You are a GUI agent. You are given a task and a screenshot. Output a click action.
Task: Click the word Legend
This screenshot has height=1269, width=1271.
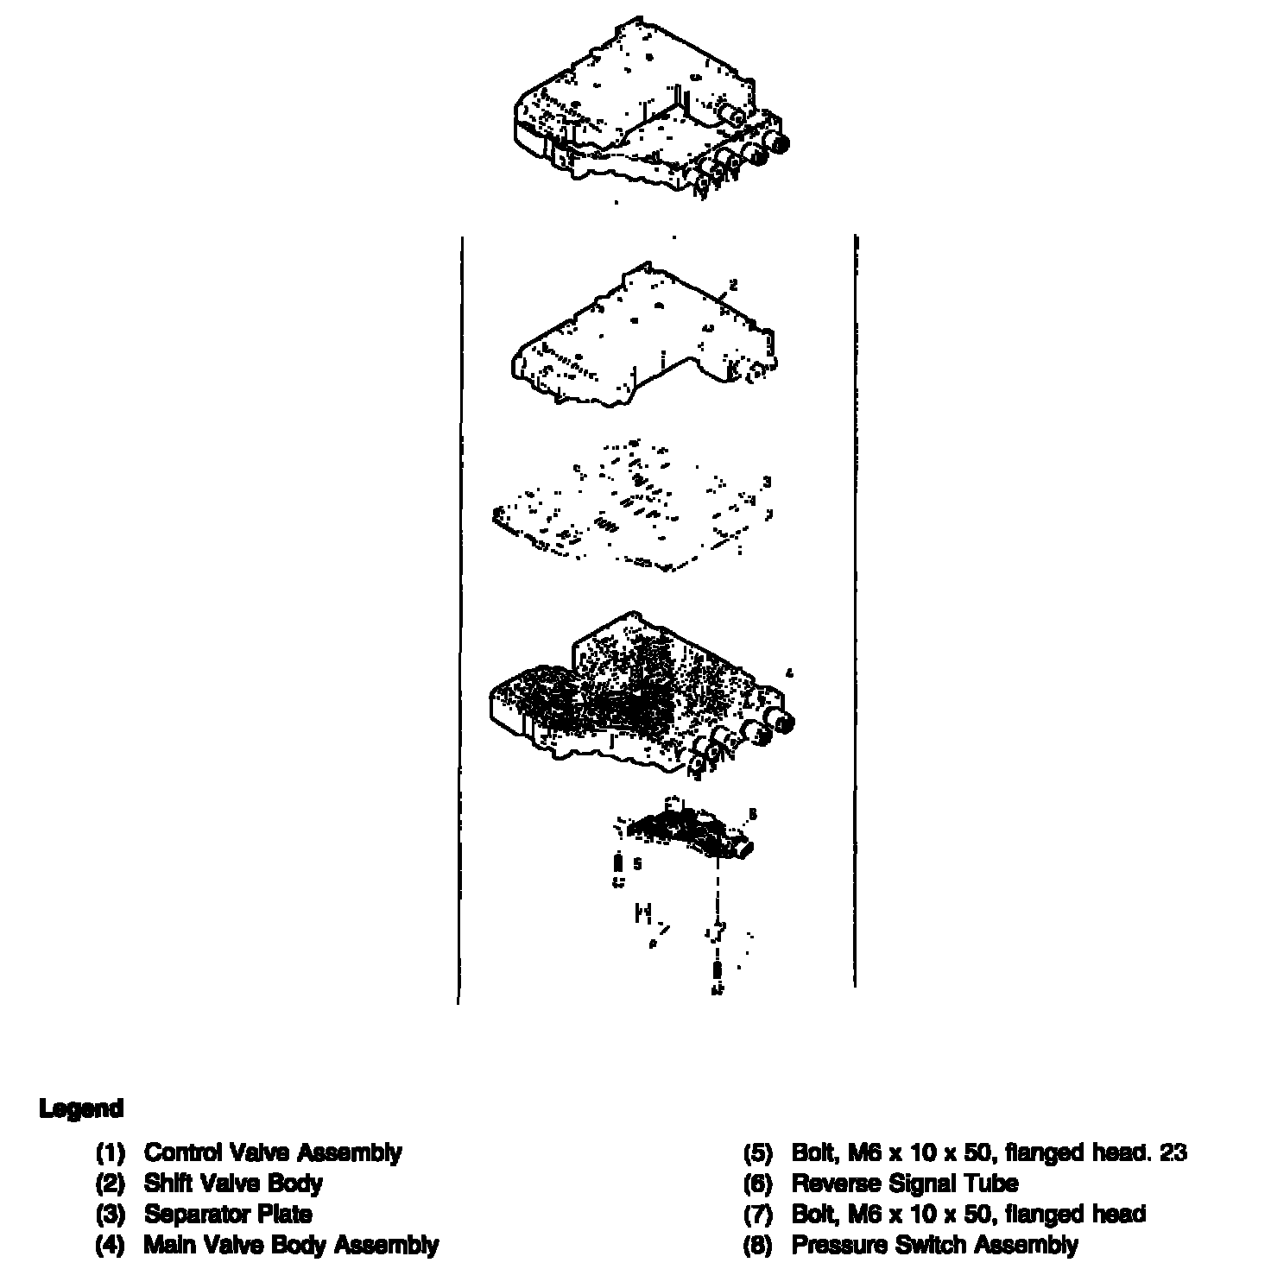pyautogui.click(x=81, y=1108)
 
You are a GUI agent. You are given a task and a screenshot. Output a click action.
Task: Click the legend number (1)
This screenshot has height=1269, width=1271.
pyautogui.click(x=111, y=1152)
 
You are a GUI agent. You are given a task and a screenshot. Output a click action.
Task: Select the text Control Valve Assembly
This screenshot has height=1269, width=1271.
pyautogui.click(x=272, y=1152)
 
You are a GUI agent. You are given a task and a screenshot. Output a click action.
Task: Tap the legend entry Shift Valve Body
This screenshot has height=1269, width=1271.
pyautogui.click(x=233, y=1183)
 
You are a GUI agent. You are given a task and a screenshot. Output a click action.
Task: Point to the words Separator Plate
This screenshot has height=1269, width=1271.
pyautogui.click(x=228, y=1214)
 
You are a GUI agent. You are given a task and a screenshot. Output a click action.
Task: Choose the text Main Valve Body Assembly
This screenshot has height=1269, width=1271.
pyautogui.click(x=291, y=1245)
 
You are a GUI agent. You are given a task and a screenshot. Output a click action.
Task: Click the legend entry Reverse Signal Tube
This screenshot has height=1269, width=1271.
pyautogui.click(x=904, y=1183)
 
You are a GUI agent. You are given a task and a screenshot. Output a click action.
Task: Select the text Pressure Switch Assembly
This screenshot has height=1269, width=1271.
pyautogui.click(x=934, y=1245)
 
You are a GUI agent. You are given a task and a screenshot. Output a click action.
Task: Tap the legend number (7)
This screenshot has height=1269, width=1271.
pyautogui.click(x=757, y=1214)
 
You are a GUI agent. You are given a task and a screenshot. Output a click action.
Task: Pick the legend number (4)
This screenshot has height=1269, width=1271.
pyautogui.click(x=111, y=1245)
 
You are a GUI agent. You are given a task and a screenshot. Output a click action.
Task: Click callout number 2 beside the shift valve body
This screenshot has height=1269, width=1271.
pyautogui.click(x=733, y=284)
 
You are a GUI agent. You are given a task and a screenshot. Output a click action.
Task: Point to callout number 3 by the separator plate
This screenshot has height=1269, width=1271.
pyautogui.click(x=766, y=482)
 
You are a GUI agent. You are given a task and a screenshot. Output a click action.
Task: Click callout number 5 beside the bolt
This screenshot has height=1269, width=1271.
pyautogui.click(x=637, y=862)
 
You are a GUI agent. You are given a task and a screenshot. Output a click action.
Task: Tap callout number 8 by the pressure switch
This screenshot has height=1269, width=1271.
pyautogui.click(x=753, y=813)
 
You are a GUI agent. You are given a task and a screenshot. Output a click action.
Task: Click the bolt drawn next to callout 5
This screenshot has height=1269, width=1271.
pyautogui.click(x=617, y=865)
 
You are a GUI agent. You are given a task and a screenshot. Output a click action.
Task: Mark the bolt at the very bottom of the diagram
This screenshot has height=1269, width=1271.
pyautogui.click(x=717, y=977)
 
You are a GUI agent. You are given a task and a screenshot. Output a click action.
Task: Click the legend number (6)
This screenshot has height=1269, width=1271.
pyautogui.click(x=757, y=1183)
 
